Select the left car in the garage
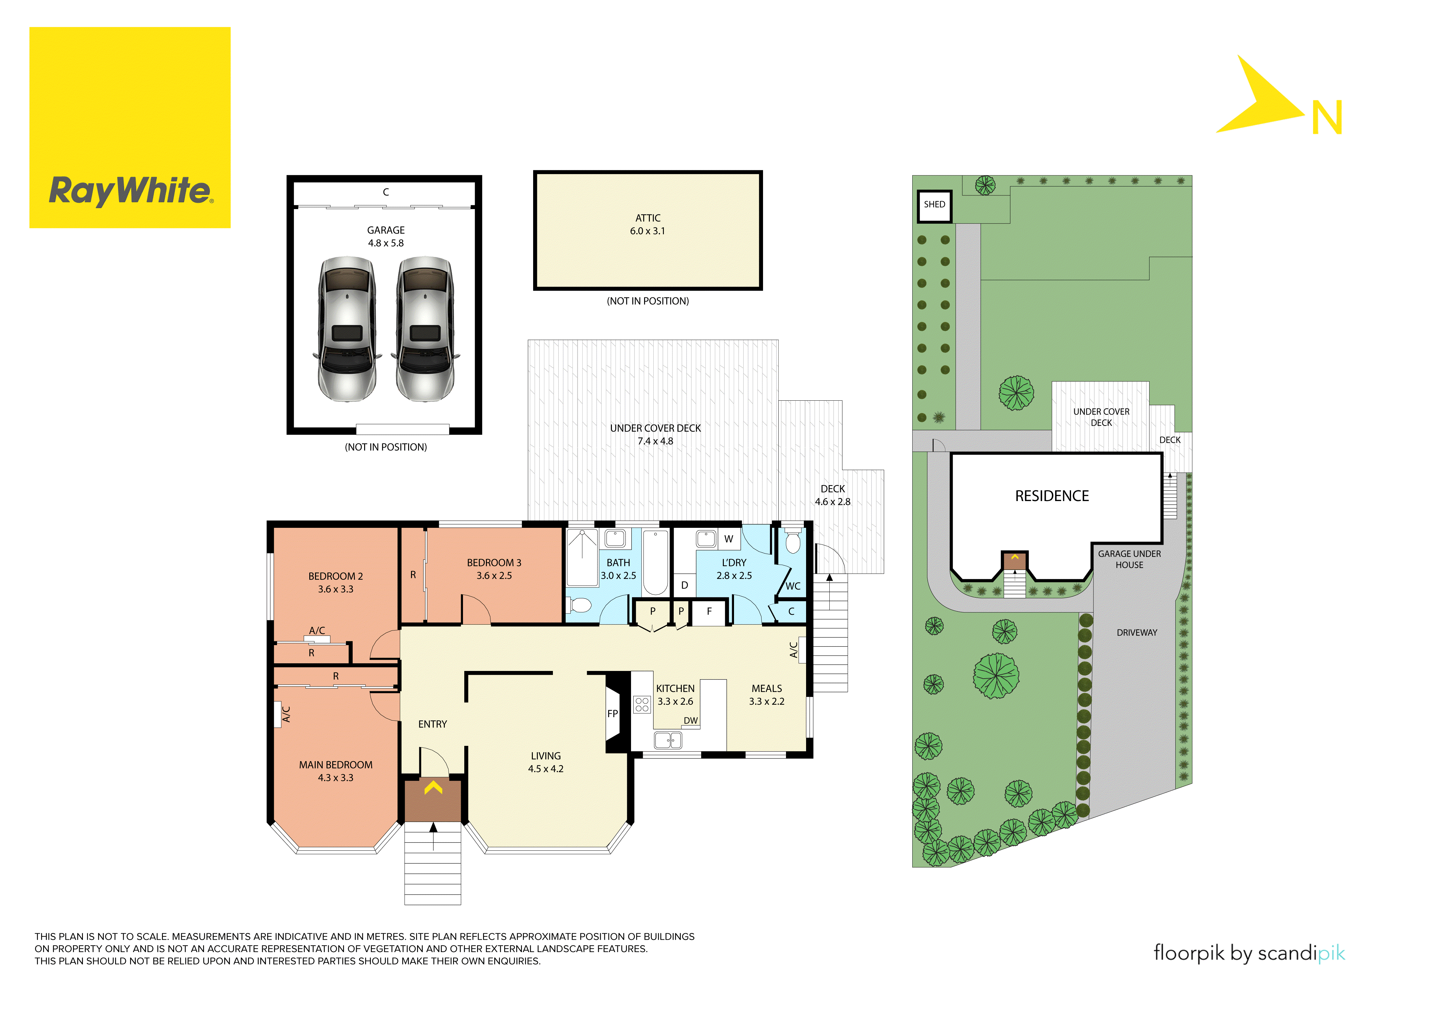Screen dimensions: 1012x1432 (x=347, y=329)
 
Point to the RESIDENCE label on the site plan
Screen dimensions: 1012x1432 (x=1052, y=496)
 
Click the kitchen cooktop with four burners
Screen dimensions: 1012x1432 (x=642, y=705)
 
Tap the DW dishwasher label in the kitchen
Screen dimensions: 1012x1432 (x=690, y=721)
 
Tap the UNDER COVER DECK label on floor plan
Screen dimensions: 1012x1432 (x=655, y=428)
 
